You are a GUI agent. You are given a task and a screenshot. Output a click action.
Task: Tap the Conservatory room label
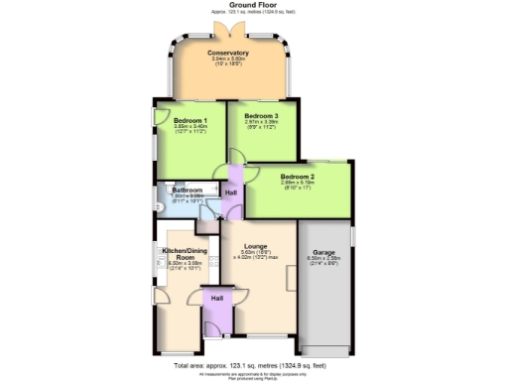click(x=227, y=53)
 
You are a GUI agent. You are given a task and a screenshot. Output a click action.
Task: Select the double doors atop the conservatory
click(x=227, y=33)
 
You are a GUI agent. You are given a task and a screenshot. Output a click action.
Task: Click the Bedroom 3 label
click(x=262, y=116)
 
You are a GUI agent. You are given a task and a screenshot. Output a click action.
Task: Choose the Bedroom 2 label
click(x=298, y=177)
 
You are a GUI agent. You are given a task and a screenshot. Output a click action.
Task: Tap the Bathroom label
click(x=188, y=190)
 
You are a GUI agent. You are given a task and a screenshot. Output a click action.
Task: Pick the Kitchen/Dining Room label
click(x=182, y=255)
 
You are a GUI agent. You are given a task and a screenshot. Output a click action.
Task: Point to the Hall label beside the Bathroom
click(x=231, y=191)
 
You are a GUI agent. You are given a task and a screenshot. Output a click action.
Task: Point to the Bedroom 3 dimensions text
click(x=262, y=124)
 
